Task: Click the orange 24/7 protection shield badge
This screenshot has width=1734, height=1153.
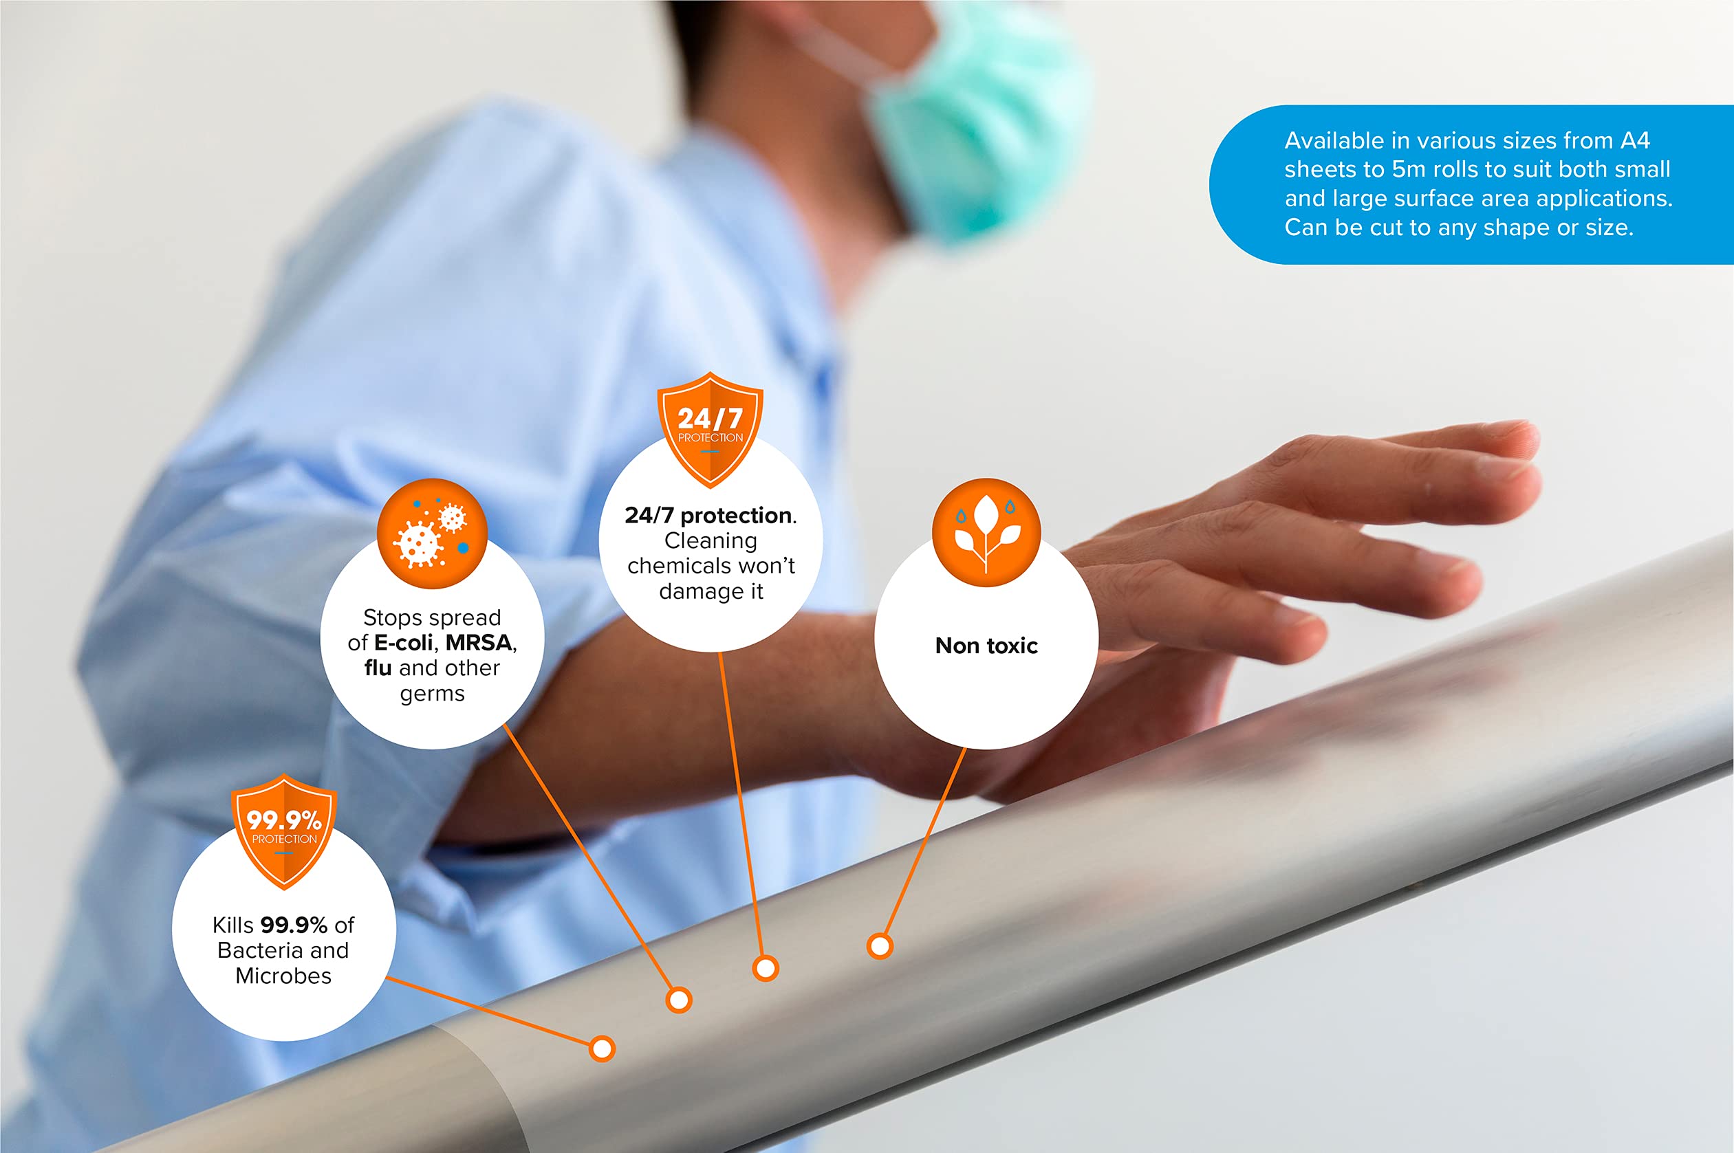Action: (x=710, y=430)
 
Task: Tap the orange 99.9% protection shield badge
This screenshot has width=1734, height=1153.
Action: (x=283, y=831)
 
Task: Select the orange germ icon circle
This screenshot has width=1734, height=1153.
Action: (x=433, y=533)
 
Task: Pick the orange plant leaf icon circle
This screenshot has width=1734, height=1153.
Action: (x=986, y=533)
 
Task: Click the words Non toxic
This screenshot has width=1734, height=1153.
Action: (x=986, y=646)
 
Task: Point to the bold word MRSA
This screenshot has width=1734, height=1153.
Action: (x=479, y=643)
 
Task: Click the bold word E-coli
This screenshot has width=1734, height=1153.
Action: (x=403, y=643)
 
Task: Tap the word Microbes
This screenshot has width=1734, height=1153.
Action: (x=283, y=976)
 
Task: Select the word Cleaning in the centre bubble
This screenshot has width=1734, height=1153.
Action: (x=711, y=541)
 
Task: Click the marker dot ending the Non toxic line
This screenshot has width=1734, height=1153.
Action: (x=880, y=946)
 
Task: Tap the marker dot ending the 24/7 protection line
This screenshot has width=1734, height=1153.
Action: (x=766, y=969)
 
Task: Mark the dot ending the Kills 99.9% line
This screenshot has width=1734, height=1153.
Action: (x=602, y=1048)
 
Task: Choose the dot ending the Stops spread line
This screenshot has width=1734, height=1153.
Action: (x=678, y=1000)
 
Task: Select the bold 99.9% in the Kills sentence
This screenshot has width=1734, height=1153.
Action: (x=294, y=925)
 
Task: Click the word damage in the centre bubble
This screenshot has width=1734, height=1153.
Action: (x=701, y=591)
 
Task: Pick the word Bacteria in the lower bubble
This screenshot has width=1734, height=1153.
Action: (x=261, y=950)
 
